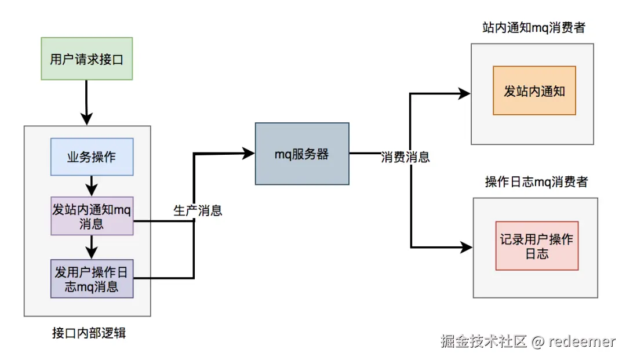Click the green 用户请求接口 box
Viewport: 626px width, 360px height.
(87, 59)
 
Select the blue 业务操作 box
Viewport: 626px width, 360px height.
(92, 157)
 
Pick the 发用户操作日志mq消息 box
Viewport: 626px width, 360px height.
(92, 279)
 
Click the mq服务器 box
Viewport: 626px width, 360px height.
(302, 154)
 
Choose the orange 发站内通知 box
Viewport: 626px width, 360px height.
(534, 90)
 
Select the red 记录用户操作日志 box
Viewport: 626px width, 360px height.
(537, 246)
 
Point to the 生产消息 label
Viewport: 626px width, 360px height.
(198, 210)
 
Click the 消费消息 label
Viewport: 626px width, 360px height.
(405, 157)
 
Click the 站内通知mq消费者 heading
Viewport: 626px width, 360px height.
(533, 28)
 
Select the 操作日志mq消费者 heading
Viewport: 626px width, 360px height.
(536, 182)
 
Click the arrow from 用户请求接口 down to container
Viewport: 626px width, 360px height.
(86, 101)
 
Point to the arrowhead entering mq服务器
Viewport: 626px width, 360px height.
(249, 153)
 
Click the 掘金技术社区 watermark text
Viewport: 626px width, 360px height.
(483, 341)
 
